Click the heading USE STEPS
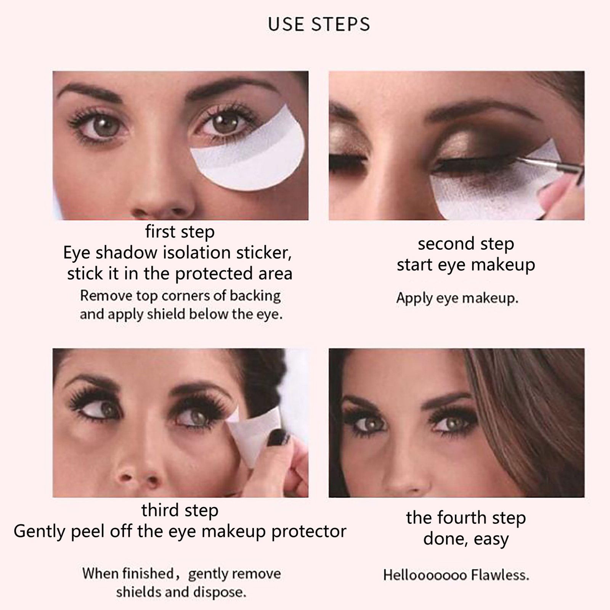point(319,24)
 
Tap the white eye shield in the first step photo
point(248,156)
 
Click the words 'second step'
point(466,244)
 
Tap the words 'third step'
point(180,510)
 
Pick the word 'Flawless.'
point(500,575)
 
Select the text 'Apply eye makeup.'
point(457,298)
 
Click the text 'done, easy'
point(466,539)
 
